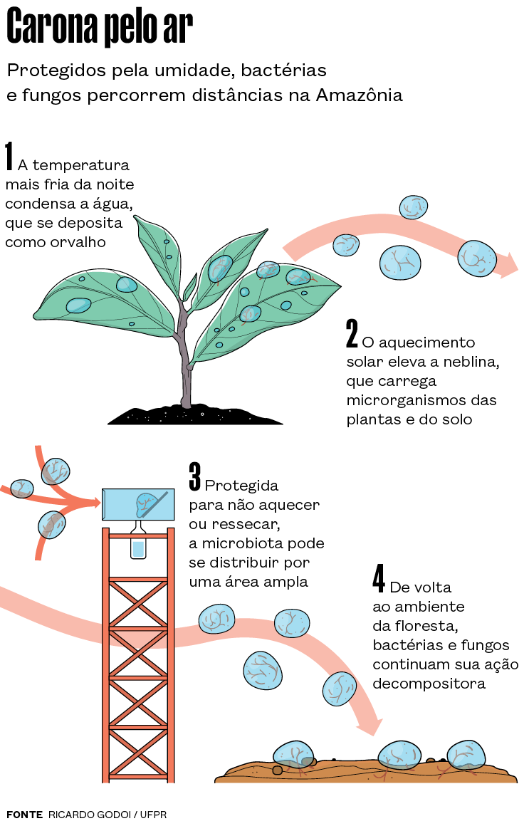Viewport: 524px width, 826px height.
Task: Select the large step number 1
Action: [9, 157]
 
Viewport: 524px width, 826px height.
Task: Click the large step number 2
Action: [352, 333]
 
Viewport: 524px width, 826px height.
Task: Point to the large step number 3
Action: [194, 476]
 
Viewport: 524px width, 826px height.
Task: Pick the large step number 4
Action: [379, 579]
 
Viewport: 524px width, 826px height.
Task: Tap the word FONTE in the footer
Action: [24, 814]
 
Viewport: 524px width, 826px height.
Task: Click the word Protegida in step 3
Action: [241, 486]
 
